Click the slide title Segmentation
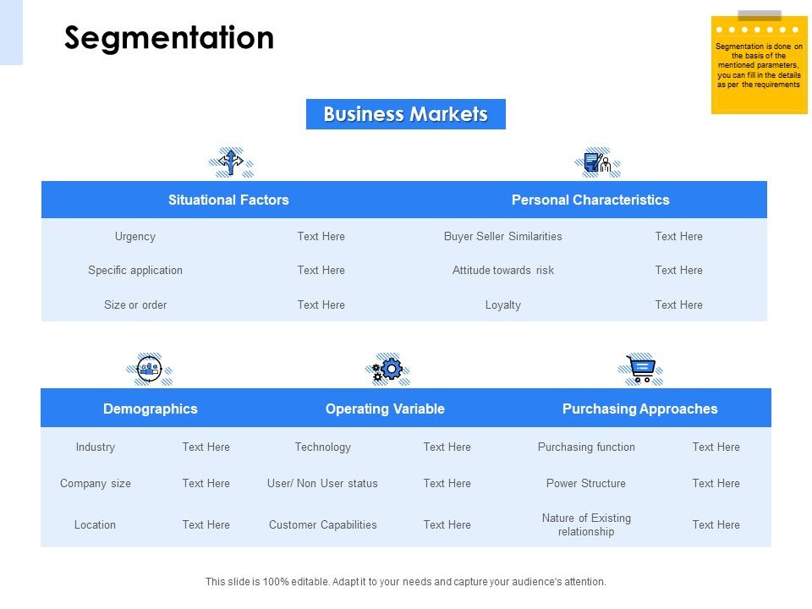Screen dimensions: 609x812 point(169,39)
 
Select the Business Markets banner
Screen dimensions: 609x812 point(406,114)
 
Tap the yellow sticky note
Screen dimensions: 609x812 point(759,66)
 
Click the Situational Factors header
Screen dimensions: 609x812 point(228,200)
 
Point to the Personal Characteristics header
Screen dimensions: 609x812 point(590,200)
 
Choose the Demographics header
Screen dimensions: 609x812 point(151,409)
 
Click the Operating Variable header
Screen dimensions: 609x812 point(385,409)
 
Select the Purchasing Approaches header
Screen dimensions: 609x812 point(639,409)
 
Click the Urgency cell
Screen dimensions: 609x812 point(135,237)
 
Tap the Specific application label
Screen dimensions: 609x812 point(135,271)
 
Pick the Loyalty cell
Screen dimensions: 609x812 point(503,305)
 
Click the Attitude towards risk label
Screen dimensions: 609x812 point(503,271)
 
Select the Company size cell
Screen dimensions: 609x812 point(96,484)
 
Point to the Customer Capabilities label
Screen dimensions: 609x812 point(323,525)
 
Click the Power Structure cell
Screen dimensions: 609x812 point(586,484)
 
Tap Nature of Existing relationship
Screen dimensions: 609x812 point(586,525)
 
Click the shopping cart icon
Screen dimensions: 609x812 point(640,369)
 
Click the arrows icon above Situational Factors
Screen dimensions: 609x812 point(231,162)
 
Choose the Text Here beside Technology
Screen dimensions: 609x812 point(447,447)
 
